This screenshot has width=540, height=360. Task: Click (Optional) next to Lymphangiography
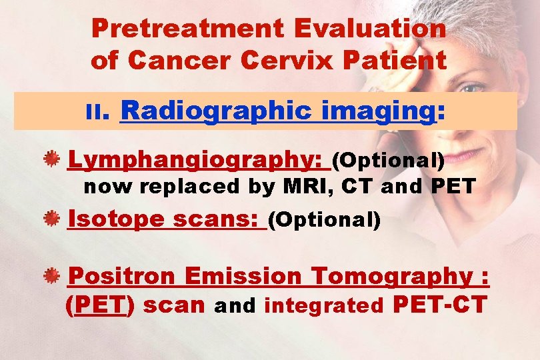click(388, 161)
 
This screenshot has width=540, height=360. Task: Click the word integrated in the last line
click(324, 306)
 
